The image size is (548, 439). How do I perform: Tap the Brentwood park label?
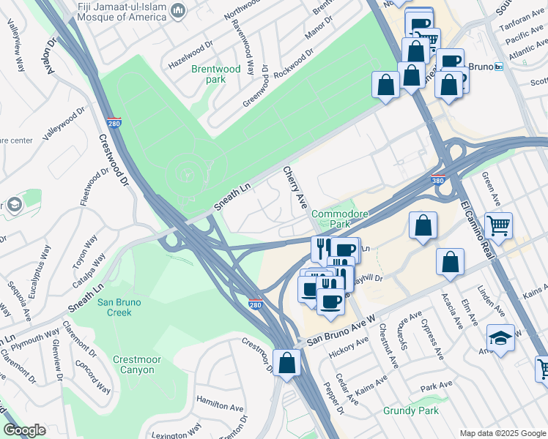click(215, 74)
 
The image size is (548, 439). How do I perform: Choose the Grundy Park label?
click(411, 410)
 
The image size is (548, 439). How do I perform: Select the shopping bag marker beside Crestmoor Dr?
click(286, 362)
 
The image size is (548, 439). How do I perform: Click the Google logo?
click(23, 430)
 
